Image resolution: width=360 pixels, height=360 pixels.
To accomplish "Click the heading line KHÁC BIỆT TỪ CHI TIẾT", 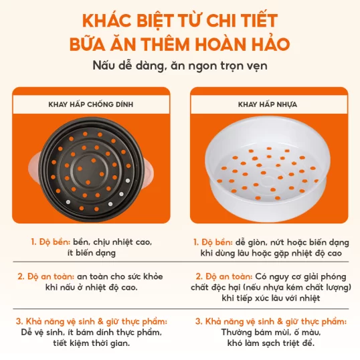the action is click(180, 21).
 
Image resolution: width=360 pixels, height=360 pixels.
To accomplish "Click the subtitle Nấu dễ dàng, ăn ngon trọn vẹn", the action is click(180, 66).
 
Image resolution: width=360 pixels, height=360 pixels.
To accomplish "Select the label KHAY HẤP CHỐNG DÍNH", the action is click(91, 104).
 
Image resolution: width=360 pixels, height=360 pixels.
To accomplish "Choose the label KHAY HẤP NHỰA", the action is click(268, 104).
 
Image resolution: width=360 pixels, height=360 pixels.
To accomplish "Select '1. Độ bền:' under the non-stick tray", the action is click(50, 242).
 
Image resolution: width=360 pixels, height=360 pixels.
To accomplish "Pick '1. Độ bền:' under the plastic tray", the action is click(213, 242).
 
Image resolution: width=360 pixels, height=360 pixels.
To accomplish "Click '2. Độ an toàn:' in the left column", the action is click(46, 276).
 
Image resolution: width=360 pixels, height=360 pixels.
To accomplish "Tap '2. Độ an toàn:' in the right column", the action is click(224, 276).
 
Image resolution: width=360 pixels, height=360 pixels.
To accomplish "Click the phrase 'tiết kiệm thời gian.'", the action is click(92, 343).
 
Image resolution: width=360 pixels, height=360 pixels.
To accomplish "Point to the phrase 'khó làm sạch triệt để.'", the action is click(271, 343).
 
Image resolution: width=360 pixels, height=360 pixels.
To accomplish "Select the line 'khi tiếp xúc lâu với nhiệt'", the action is click(271, 298).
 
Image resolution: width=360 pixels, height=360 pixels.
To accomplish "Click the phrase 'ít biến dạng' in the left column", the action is click(92, 253).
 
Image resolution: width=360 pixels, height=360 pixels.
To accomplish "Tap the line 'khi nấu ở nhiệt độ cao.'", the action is click(92, 287).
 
